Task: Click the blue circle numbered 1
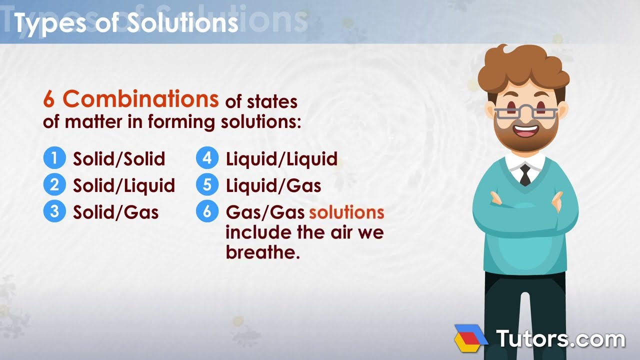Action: pyautogui.click(x=54, y=158)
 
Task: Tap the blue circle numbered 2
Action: pyautogui.click(x=54, y=185)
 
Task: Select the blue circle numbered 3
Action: pyautogui.click(x=54, y=211)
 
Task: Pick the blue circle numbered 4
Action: pyautogui.click(x=207, y=158)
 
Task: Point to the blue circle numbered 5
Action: pyautogui.click(x=207, y=185)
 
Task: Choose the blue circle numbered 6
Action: pyautogui.click(x=207, y=211)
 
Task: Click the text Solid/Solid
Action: pyautogui.click(x=119, y=159)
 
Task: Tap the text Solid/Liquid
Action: pyautogui.click(x=124, y=185)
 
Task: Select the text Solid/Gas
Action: pyautogui.click(x=116, y=212)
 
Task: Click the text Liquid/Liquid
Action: pyautogui.click(x=281, y=159)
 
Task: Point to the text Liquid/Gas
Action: pyautogui.click(x=273, y=186)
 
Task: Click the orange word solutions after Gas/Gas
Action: pyautogui.click(x=346, y=212)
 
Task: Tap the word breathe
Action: pyautogui.click(x=262, y=252)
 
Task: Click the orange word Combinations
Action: pyautogui.click(x=140, y=99)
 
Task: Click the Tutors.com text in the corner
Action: pyautogui.click(x=560, y=338)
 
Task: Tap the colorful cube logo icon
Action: pyautogui.click(x=470, y=337)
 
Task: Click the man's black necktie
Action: pyautogui.click(x=525, y=175)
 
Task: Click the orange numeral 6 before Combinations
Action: pyautogui.click(x=48, y=100)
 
